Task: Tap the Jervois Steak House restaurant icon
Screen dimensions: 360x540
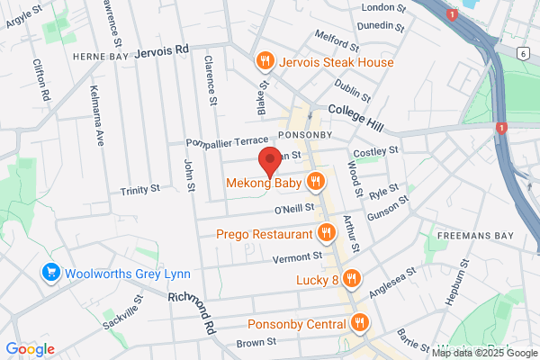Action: pyautogui.click(x=265, y=62)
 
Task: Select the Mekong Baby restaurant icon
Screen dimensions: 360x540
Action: pyautogui.click(x=315, y=182)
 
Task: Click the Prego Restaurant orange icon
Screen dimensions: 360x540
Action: pyautogui.click(x=327, y=233)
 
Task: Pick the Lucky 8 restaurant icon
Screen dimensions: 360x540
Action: pyautogui.click(x=352, y=279)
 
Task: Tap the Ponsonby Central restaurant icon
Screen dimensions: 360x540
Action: pyautogui.click(x=360, y=323)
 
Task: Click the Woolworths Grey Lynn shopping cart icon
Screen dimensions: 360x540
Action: pyautogui.click(x=50, y=272)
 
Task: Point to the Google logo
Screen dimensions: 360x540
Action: pyautogui.click(x=30, y=349)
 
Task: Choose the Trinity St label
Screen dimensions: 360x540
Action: pyautogui.click(x=139, y=190)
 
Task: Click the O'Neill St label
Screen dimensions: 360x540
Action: pyautogui.click(x=293, y=209)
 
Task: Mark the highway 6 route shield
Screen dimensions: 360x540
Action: pyautogui.click(x=523, y=54)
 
